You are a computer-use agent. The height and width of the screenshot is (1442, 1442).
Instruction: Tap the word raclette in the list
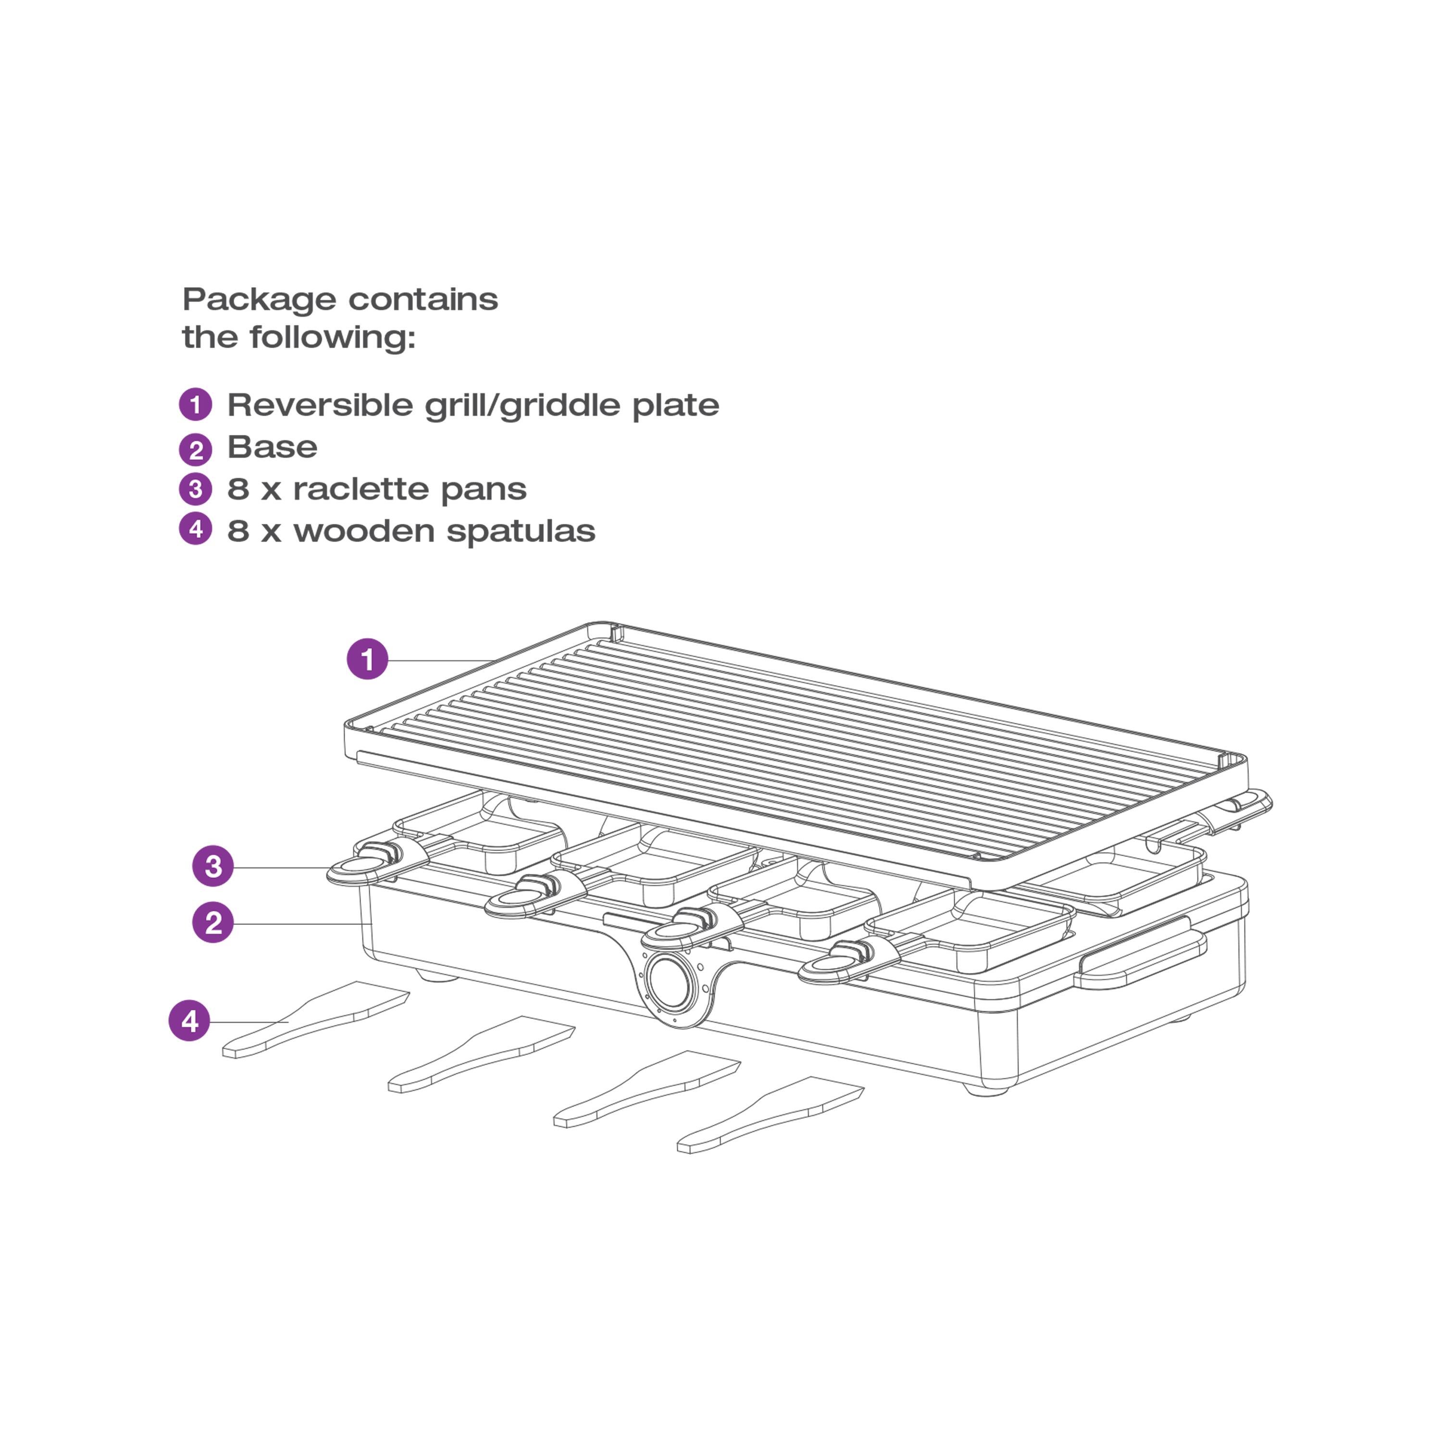coord(360,490)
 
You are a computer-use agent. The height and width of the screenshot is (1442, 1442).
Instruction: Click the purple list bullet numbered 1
coord(196,405)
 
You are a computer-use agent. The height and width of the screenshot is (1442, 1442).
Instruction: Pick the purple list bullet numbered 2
coord(196,449)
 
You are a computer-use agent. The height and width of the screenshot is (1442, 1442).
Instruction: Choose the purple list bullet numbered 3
coord(196,490)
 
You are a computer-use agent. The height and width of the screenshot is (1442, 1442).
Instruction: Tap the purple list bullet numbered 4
coord(196,529)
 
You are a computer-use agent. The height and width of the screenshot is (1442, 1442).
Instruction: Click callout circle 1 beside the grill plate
coord(367,659)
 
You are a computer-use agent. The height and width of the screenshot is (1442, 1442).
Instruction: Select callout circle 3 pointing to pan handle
coord(213,866)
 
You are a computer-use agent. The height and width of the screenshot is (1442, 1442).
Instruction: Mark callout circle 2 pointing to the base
coord(213,923)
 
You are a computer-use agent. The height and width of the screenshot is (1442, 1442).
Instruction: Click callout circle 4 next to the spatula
coord(189,1020)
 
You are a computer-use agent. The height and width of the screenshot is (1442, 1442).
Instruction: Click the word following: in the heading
coord(332,337)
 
